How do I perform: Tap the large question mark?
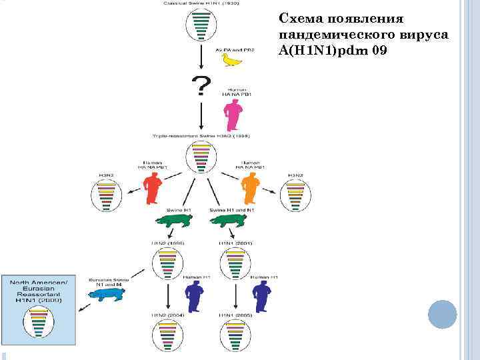point(201,87)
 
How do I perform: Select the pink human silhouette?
point(234,113)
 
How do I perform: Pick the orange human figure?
point(250,188)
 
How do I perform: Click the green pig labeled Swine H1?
point(175,222)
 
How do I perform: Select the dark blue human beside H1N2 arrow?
point(195,295)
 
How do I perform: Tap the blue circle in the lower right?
point(441,314)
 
